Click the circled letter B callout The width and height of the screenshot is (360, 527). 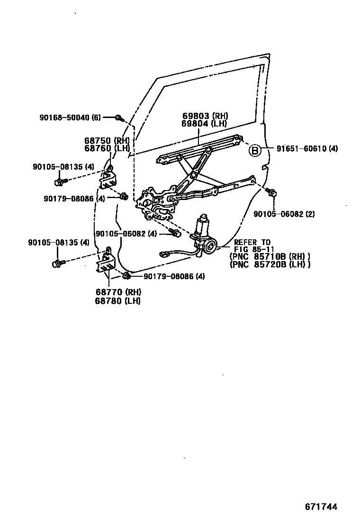255,151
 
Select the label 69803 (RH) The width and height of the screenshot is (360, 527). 205,116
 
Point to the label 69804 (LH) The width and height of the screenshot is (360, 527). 204,124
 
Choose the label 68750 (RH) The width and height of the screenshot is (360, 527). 107,141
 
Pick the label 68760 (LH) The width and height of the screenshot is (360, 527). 107,148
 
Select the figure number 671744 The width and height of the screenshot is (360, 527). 321,507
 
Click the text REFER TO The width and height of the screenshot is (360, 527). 252,243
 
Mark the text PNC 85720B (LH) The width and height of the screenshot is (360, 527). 270,264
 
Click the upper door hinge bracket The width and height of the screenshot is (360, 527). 108,178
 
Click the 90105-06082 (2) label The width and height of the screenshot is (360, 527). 284,214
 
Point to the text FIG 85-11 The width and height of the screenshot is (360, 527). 250,250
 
